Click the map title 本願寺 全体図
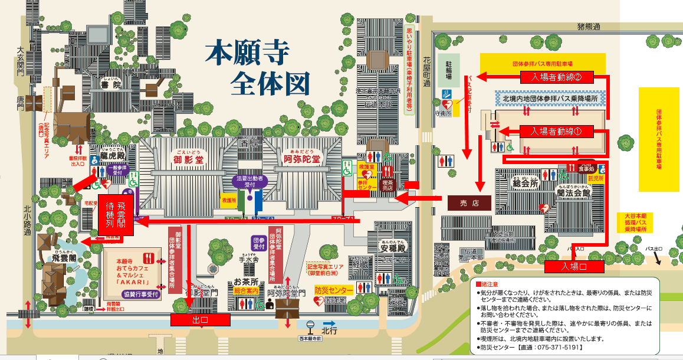[258, 68]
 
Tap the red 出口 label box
[199, 319]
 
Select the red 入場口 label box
[574, 267]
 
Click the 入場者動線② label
[557, 77]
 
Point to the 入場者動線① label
[557, 132]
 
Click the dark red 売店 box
[469, 202]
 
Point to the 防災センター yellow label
[333, 290]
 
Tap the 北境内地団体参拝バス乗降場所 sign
[550, 99]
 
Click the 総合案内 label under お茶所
[247, 290]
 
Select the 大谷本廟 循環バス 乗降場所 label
[635, 223]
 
